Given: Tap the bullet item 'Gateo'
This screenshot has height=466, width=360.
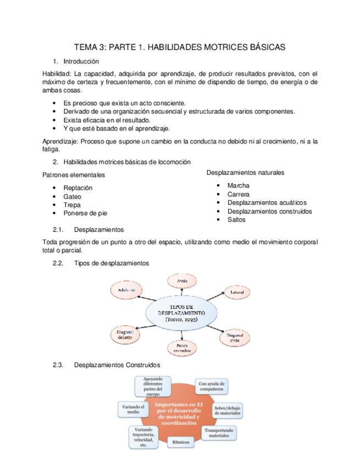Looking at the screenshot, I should pos(73,196).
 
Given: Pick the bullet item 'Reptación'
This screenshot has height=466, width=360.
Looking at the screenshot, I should pos(77,187).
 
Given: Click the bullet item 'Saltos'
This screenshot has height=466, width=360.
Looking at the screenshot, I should pos(236,219).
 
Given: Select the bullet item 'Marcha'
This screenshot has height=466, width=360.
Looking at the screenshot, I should pos(238,186).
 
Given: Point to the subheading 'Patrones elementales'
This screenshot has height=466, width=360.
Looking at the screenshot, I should pos(74,175).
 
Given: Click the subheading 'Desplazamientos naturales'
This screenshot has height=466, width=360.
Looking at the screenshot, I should pos(245,173).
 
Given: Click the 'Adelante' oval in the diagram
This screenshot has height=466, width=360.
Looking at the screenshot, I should pos(126,290).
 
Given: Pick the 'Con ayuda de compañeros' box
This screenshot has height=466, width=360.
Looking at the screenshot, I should pos(211,386).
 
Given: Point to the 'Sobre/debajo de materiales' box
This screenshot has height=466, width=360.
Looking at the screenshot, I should pos(228,411).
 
